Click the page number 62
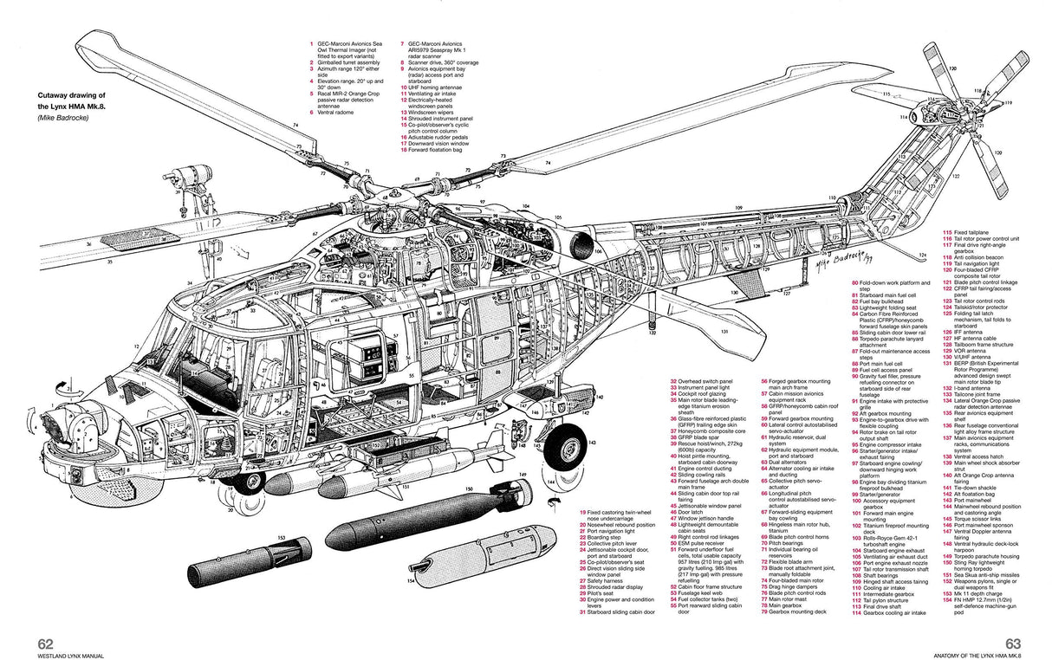tap(45, 643)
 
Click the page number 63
tap(1015, 643)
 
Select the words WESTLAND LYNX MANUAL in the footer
tap(71, 656)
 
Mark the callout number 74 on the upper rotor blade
tap(295, 126)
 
